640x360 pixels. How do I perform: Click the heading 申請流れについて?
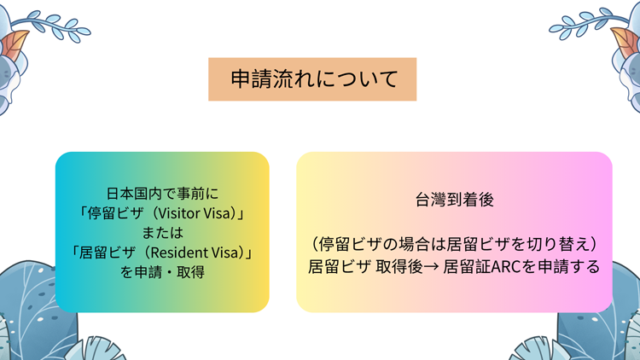click(x=314, y=78)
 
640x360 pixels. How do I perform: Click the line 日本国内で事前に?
click(x=162, y=194)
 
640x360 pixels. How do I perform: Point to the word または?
click(x=162, y=233)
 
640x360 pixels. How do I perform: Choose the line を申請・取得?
click(x=162, y=272)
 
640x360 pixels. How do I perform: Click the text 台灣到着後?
click(x=454, y=200)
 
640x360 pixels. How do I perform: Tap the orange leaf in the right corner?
click(x=625, y=43)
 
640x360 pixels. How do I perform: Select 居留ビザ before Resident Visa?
click(x=107, y=253)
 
